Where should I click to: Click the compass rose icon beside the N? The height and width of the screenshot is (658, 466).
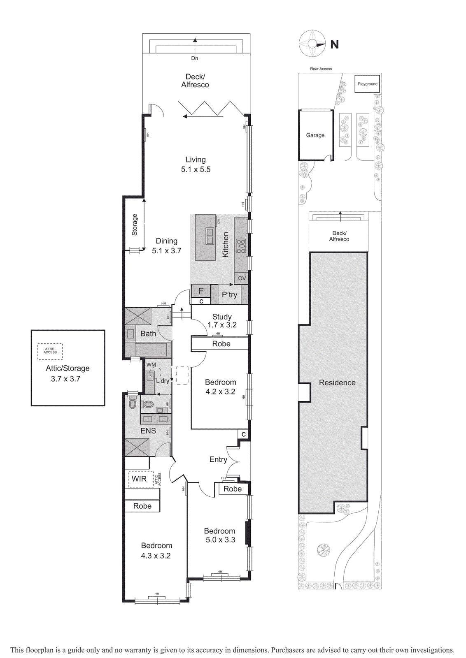coord(312,44)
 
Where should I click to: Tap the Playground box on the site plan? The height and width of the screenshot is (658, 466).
coord(367,84)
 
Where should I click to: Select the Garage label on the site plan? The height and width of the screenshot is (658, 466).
coord(315,135)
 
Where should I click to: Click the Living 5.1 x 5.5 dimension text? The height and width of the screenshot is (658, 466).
coord(196,165)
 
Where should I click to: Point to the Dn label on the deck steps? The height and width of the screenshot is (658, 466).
coord(195,58)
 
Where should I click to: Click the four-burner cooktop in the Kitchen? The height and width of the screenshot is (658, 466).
coord(241,246)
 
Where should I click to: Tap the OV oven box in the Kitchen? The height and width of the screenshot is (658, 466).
coord(242,278)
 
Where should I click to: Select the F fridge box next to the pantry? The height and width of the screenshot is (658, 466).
coord(201,291)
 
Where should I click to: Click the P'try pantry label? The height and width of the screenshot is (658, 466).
coord(229,295)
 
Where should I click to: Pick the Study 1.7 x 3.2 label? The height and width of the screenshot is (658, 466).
coord(222,321)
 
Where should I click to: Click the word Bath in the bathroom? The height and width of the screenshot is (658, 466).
coord(148,334)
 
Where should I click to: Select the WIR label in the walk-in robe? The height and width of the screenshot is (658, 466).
coord(139,479)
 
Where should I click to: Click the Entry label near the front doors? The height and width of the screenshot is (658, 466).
coord(218,459)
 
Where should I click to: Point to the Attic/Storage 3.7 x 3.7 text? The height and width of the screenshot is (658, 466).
coord(68,373)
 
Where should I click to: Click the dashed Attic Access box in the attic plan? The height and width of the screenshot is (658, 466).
coord(50,351)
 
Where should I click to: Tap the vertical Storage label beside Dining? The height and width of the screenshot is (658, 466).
coord(135,225)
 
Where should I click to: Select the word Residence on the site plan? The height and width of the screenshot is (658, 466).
coord(337,382)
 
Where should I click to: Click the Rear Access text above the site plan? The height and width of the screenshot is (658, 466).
coord(321,69)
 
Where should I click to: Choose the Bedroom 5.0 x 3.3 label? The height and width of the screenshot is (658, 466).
coord(220,535)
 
